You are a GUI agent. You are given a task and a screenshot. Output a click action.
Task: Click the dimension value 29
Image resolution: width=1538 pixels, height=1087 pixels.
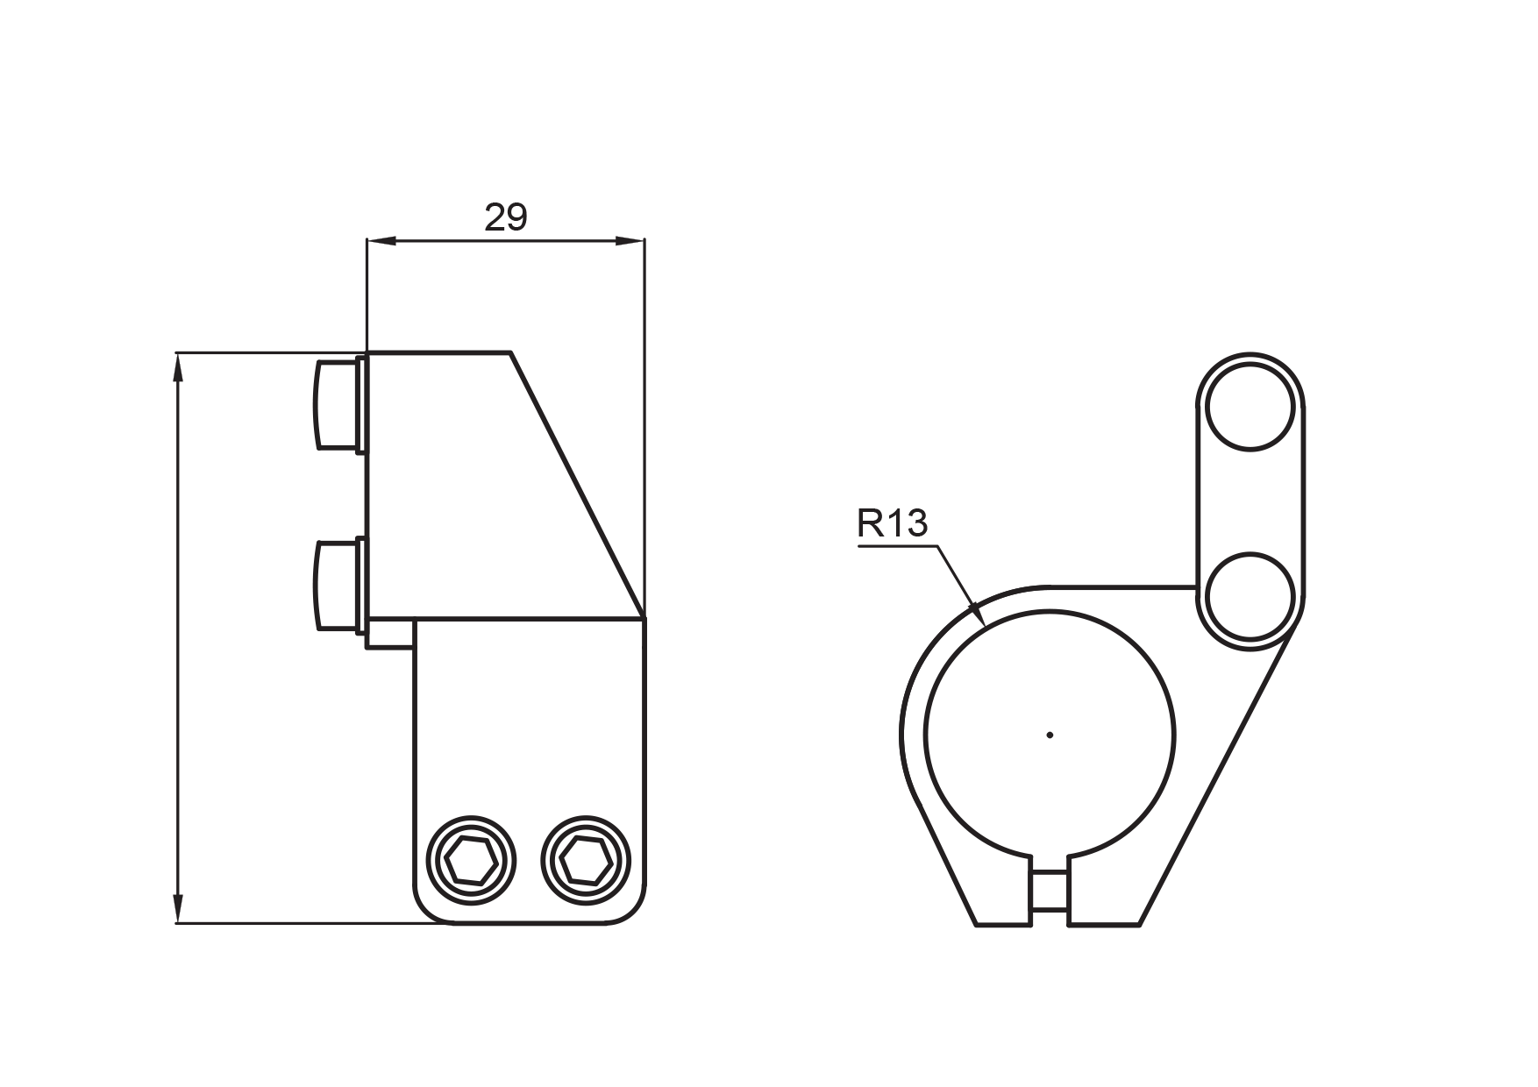506,217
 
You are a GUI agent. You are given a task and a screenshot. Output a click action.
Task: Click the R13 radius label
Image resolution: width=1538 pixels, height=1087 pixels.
892,524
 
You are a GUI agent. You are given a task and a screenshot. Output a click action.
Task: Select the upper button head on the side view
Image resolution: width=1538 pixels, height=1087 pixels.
337,403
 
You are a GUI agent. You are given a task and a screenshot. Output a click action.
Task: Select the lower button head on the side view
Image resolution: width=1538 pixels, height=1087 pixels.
337,585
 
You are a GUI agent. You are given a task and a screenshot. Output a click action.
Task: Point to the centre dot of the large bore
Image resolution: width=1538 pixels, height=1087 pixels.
1050,735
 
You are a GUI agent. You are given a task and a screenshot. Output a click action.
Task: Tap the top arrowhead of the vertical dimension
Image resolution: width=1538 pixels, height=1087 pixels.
178,367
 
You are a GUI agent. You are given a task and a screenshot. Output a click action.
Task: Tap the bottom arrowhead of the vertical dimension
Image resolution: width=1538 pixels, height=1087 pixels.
178,908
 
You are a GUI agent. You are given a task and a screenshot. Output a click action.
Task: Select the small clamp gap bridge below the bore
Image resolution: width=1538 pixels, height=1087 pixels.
1050,893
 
